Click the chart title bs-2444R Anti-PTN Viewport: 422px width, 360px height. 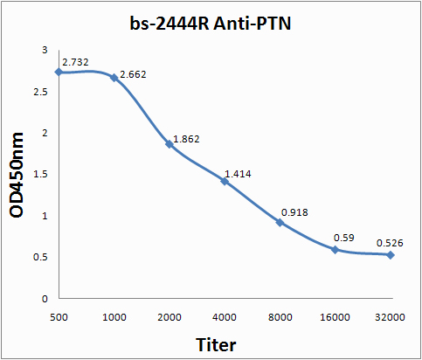click(211, 24)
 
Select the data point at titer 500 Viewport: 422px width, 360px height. click(59, 72)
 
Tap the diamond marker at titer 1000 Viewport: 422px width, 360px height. click(114, 78)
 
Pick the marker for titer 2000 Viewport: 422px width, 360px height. click(169, 144)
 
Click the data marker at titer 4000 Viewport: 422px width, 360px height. click(225, 181)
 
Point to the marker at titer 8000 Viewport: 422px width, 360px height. click(280, 223)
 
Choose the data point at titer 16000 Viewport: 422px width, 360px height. click(336, 250)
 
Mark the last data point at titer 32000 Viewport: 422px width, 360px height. click(391, 255)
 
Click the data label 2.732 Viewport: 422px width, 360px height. click(75, 62)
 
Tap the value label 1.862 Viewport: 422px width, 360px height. click(186, 139)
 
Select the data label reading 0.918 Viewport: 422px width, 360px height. click(294, 212)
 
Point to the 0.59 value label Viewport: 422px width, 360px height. click(344, 238)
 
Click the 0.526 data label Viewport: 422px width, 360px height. click(390, 243)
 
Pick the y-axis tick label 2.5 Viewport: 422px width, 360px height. click(40, 92)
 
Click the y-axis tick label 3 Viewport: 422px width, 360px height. click(45, 50)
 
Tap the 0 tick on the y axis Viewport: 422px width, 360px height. click(45, 299)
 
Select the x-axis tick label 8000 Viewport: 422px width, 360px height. click(280, 317)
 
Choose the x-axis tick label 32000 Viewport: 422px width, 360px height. click(390, 317)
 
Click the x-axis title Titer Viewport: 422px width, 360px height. click(216, 345)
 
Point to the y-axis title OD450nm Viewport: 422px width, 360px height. click(17, 175)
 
